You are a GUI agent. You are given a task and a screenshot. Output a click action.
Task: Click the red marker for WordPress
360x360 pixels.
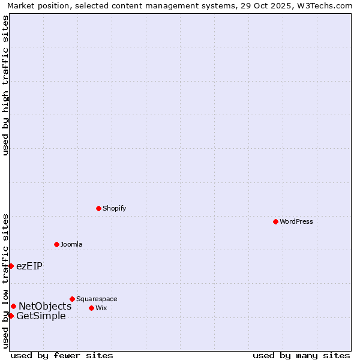click(275, 221)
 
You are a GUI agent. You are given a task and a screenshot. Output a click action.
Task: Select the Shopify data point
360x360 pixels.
click(98, 208)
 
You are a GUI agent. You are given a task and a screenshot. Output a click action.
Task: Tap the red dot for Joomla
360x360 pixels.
click(56, 244)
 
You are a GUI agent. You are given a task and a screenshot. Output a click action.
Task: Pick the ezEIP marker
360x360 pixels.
click(11, 266)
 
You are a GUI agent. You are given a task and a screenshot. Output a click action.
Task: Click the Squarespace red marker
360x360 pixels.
click(72, 299)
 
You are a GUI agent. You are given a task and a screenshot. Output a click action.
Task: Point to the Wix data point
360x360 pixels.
click(91, 308)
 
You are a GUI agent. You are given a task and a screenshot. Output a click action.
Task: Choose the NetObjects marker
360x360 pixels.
click(13, 306)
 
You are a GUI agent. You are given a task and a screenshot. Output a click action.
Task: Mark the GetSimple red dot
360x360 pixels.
click(11, 316)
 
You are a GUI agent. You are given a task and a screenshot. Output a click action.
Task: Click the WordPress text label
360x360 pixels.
click(296, 221)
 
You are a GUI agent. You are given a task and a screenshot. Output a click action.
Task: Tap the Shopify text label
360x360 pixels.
click(114, 208)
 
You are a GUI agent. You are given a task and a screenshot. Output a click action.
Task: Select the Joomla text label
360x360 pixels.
click(71, 244)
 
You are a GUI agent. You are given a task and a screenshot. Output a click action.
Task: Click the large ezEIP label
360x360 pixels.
click(29, 266)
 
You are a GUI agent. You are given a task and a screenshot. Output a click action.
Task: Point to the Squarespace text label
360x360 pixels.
click(97, 299)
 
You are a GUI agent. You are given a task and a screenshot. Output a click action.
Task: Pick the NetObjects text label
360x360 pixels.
click(45, 306)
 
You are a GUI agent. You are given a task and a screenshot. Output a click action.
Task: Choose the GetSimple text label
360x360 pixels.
click(41, 316)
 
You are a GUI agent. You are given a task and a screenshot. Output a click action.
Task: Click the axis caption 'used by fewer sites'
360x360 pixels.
click(62, 355)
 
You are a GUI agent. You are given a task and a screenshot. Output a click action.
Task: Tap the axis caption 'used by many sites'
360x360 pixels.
click(301, 355)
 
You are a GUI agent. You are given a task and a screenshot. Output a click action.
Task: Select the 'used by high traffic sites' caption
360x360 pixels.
click(5, 85)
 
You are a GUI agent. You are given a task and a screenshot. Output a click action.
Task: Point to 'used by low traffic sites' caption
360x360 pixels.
click(5, 281)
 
